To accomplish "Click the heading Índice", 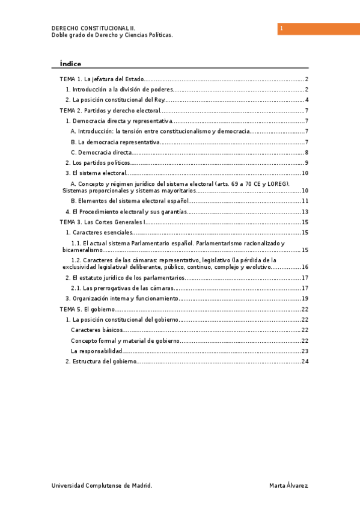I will pos(70,64).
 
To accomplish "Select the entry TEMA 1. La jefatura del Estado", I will pos(102,79).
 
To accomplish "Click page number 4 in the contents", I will pos(307,100).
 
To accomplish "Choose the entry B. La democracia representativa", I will pos(115,142).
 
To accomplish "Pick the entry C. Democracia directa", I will pos(102,153).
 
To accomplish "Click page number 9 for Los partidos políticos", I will pos(307,163).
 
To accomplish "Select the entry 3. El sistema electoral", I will pos(96,173).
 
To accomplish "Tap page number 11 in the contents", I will pos(305,201).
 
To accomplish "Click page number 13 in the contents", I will pos(305,212).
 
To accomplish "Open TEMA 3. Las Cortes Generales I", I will pos(103,222).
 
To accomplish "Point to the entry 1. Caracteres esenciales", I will pos(99,232).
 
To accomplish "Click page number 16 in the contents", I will pos(305,267).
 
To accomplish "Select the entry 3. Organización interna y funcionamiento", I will pos(122,298).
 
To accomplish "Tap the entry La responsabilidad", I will pos(97,351).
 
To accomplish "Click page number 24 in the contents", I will pos(305,361).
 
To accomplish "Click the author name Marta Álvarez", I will pos(289,485).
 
